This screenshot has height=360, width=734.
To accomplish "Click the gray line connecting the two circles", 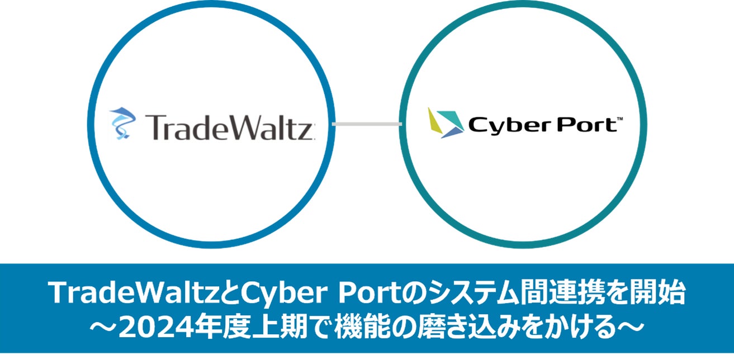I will point(367,123).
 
